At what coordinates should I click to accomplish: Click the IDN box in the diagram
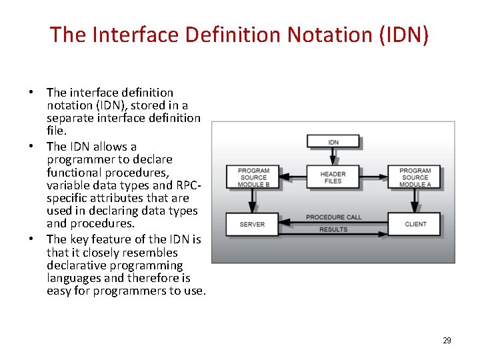333,142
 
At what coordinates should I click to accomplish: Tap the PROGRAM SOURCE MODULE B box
253,177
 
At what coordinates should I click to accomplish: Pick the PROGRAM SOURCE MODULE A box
415,177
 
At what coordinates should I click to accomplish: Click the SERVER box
252,224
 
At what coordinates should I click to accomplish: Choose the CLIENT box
415,224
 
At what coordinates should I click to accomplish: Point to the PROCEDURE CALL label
333,217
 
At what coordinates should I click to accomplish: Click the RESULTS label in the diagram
333,229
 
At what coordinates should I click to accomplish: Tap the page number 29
447,341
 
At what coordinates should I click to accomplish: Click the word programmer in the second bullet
77,159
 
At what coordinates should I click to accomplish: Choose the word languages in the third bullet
74,278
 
